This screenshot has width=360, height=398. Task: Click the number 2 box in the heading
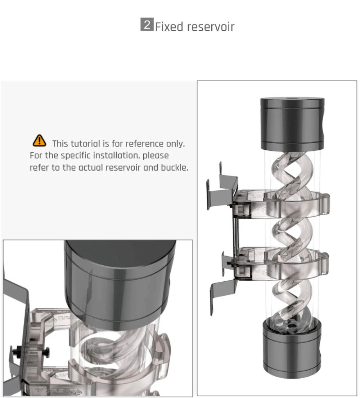tap(147, 26)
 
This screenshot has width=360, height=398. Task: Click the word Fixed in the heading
tap(168, 27)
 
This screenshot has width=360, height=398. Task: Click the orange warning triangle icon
tap(39, 141)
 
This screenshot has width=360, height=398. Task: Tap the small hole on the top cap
tap(292, 98)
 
